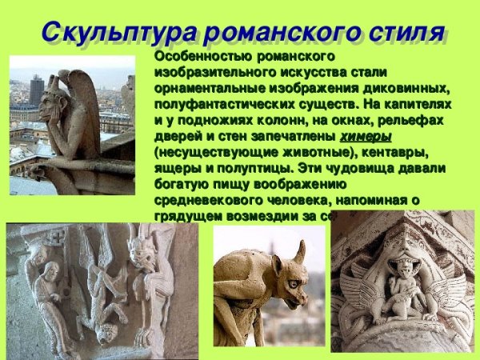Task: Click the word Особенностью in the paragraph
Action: (199, 58)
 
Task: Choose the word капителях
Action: (420, 105)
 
